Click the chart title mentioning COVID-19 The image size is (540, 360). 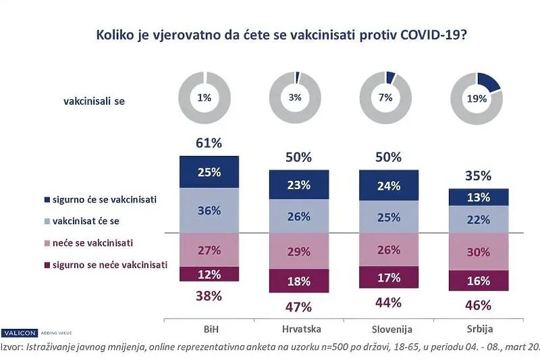coord(275,34)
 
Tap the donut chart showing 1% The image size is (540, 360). coord(204,97)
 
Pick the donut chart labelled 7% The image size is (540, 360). coord(385,97)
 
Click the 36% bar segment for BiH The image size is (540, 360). coord(209,210)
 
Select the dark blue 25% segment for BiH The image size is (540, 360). coord(209,172)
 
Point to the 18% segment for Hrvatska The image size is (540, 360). coord(299,281)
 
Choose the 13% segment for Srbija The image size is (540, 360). coord(479,197)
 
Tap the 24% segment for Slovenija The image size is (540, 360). coord(389,185)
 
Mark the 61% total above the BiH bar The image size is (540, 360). coord(209,143)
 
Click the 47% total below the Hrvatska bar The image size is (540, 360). coord(299,307)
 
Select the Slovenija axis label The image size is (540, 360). coord(389,330)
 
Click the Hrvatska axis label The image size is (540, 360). coord(299,330)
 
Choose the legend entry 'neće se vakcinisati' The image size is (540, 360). coord(105,242)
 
